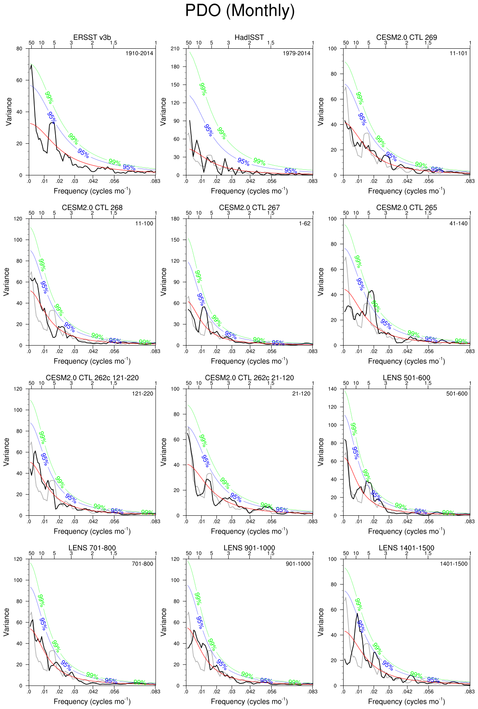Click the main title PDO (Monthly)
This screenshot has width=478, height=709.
pyautogui.click(x=240, y=11)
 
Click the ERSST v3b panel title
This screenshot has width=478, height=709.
pyautogui.click(x=92, y=37)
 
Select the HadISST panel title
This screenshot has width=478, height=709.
pyautogui.click(x=249, y=37)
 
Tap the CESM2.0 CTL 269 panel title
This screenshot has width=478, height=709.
pyautogui.click(x=407, y=37)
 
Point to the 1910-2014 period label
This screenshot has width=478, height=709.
pyautogui.click(x=139, y=53)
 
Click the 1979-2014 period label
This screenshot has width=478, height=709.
pyautogui.click(x=296, y=53)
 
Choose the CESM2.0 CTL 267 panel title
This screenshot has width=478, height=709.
pyautogui.click(x=249, y=208)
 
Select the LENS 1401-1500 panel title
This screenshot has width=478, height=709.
pyautogui.click(x=407, y=548)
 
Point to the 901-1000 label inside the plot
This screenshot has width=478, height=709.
pyautogui.click(x=298, y=564)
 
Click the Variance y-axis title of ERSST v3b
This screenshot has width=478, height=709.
pyautogui.click(x=9, y=112)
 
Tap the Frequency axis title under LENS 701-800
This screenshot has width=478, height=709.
pyautogui.click(x=92, y=701)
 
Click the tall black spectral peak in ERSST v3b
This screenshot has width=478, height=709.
pyautogui.click(x=31, y=65)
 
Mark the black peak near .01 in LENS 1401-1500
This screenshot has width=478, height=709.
pyautogui.click(x=357, y=614)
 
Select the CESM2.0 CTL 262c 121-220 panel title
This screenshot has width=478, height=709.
pyautogui.click(x=92, y=378)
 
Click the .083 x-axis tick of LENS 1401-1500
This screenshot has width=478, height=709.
pyautogui.click(x=469, y=691)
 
